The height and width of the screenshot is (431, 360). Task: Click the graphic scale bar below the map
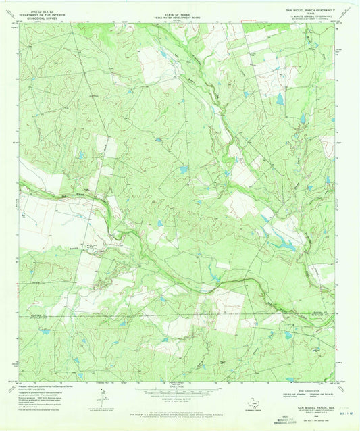[180, 390]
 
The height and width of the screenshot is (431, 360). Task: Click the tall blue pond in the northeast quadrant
[280, 99]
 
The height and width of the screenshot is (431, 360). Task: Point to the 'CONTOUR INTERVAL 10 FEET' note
[180, 397]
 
